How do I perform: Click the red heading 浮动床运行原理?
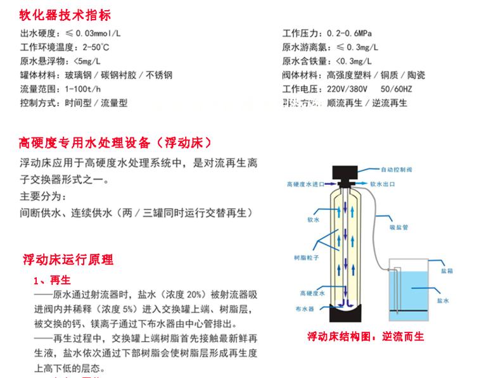tap(68, 260)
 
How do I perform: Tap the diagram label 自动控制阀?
tap(397, 170)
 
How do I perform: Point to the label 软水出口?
tap(385, 184)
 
